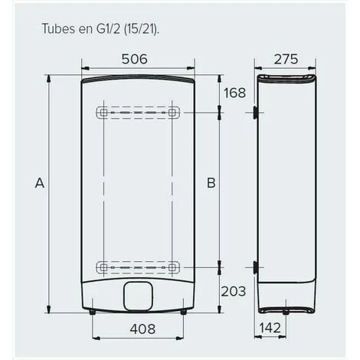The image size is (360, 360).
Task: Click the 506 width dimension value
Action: tap(135, 59)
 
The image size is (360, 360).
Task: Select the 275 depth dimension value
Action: tap(286, 59)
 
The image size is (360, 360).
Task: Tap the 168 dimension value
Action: tap(234, 93)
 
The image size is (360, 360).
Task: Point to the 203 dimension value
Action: tap(234, 291)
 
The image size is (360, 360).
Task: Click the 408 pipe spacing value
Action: tap(142, 329)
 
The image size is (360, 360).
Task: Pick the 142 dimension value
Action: tap(270, 328)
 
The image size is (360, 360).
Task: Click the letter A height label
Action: tap(40, 183)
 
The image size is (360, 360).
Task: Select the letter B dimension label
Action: tap(211, 183)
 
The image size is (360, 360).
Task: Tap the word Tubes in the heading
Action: tap(58, 28)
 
